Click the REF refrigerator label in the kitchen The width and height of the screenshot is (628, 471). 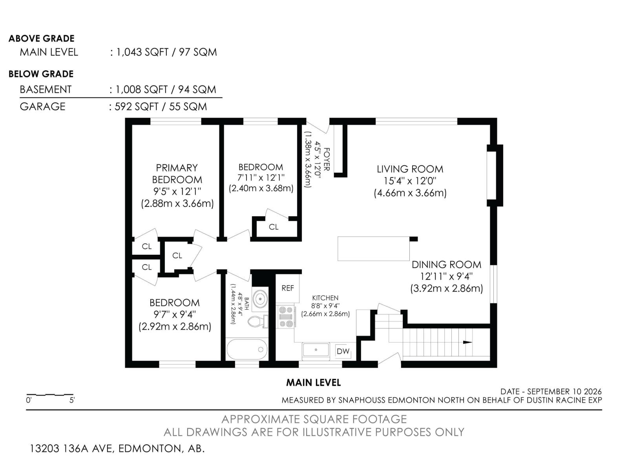click(288, 288)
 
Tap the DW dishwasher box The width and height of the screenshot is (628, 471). click(343, 351)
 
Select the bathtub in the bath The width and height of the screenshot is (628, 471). click(247, 349)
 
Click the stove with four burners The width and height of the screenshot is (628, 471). click(286, 317)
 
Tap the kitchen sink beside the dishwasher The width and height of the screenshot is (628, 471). click(316, 349)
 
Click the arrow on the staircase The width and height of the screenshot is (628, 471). click(467, 342)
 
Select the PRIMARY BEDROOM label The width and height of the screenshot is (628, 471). click(177, 173)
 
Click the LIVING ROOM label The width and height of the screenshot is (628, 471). click(410, 169)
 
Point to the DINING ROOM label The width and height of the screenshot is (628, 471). click(446, 265)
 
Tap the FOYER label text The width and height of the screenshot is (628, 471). click(327, 159)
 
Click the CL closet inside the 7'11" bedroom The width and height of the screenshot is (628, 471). click(274, 227)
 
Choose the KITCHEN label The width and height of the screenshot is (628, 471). click(325, 298)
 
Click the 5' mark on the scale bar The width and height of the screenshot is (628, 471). click(72, 400)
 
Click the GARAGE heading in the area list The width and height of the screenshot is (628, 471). click(43, 106)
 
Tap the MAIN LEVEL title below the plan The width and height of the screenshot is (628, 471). click(314, 383)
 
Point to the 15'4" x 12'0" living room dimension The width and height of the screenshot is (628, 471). click(410, 181)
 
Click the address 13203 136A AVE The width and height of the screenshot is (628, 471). click(72, 448)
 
